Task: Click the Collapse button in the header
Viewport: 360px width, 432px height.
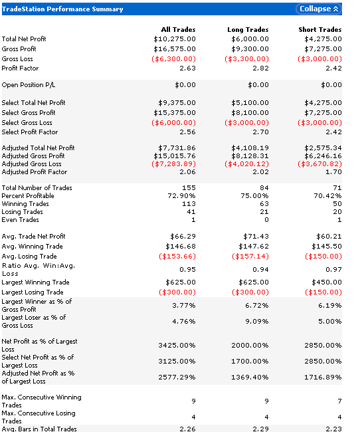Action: click(319, 9)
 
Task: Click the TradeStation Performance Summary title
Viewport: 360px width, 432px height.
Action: click(62, 9)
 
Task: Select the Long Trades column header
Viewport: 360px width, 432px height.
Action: click(248, 29)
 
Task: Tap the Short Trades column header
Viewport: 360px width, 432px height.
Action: click(320, 29)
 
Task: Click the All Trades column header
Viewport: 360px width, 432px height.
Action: click(179, 29)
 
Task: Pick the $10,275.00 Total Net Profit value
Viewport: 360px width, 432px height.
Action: click(175, 39)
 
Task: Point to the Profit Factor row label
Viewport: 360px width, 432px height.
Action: click(20, 68)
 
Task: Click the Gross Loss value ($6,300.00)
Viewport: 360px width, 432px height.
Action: click(173, 59)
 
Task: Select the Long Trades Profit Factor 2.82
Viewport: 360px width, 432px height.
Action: click(260, 68)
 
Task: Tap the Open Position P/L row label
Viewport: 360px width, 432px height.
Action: click(29, 85)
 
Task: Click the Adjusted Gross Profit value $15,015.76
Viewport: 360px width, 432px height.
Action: click(175, 156)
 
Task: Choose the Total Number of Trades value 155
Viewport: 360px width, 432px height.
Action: click(189, 188)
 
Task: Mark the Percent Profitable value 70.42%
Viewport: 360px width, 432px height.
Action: click(327, 196)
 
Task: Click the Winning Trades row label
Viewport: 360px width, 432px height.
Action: click(25, 204)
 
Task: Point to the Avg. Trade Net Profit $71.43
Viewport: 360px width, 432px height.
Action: click(256, 237)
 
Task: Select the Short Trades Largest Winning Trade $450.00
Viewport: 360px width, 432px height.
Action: click(327, 282)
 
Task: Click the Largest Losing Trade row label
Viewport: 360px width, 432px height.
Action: click(33, 292)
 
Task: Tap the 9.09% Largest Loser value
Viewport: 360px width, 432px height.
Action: click(256, 322)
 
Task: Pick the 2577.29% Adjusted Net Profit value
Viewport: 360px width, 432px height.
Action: click(177, 378)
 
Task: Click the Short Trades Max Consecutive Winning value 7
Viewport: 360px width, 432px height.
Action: click(339, 401)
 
